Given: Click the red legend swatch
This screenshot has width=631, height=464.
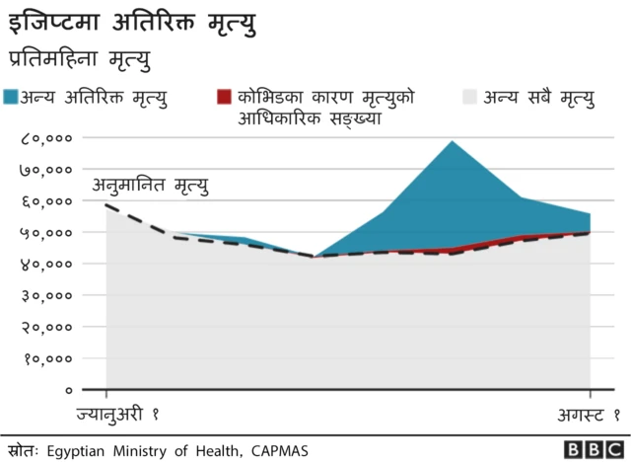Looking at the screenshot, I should coord(224,97).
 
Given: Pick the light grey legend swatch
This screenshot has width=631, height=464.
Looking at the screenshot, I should coord(469,97).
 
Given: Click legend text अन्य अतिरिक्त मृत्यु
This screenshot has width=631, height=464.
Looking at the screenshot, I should coord(96,97).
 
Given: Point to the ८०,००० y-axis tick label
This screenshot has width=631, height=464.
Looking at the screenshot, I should coord(45,138).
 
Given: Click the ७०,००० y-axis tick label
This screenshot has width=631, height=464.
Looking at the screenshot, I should coord(45,170).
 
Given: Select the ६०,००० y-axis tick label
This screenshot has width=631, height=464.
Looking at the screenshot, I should coord(45,201).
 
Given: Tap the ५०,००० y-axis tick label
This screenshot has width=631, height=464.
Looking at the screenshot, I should coord(45,233).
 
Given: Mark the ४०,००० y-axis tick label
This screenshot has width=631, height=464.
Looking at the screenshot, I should coord(45,265).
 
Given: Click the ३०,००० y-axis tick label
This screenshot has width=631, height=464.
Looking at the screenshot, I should coord(45,296).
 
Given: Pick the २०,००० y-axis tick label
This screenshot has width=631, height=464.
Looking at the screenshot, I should coord(45,328).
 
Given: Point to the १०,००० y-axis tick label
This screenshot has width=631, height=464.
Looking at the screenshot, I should coord(45,359).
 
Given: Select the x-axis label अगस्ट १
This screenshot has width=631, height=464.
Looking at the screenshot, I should coord(585,414).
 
